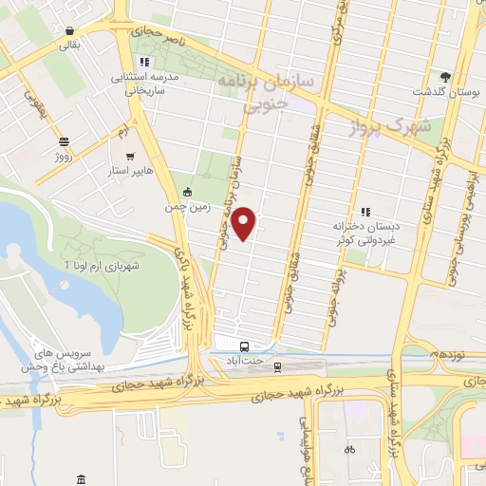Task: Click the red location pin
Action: [x=245, y=223]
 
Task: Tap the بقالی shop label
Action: [x=71, y=45]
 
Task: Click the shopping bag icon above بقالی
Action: [x=71, y=29]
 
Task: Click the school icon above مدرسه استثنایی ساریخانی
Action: [x=143, y=63]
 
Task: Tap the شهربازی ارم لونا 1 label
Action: [x=102, y=266]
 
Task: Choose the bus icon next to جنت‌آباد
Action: [x=245, y=346]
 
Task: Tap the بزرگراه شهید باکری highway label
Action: [x=181, y=285]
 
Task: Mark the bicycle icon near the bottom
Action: [x=349, y=449]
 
